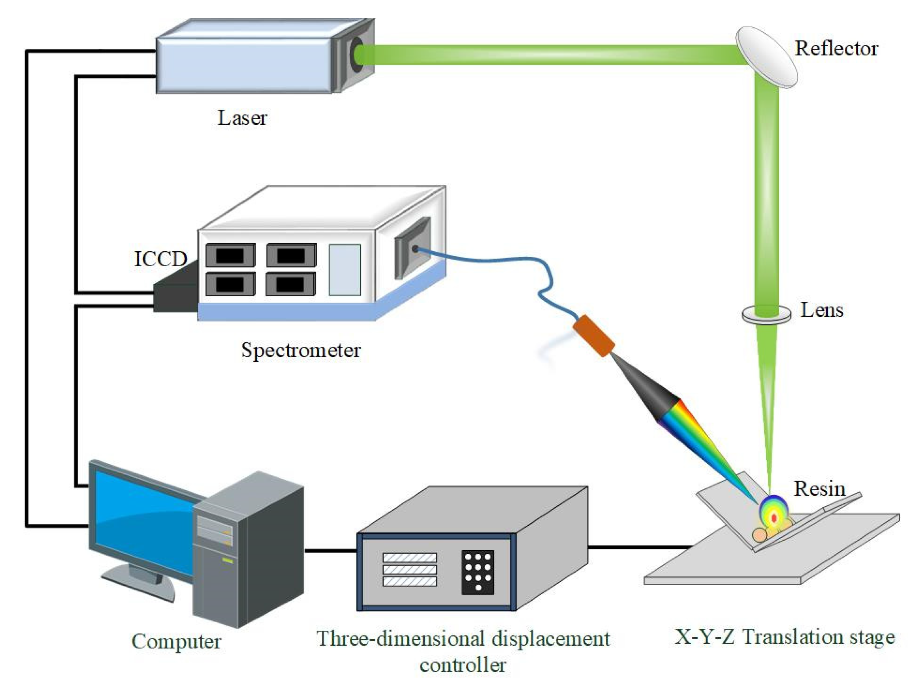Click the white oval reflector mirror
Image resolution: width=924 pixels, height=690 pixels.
[766, 57]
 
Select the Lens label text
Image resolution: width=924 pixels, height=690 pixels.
[821, 310]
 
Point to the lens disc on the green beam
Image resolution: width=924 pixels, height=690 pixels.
[766, 314]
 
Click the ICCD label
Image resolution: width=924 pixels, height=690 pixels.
[160, 259]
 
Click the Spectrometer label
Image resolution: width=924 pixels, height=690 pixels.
[301, 350]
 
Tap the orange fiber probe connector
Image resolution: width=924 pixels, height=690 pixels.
[593, 336]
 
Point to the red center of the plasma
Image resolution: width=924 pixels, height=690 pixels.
[774, 518]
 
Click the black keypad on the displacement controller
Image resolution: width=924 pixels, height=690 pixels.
[478, 572]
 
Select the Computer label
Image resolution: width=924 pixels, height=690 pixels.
[176, 642]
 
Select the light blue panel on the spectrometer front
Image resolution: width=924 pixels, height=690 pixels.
[344, 270]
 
